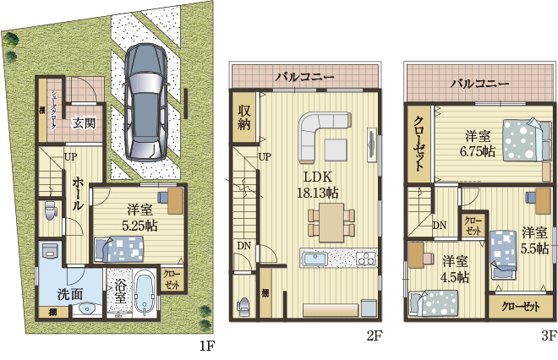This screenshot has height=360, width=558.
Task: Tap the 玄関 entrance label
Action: pos(84,123)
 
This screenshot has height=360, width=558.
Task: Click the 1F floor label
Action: pos(208,346)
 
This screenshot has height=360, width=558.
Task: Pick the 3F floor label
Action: pos(549,336)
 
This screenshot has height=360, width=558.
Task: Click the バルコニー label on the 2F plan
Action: pos(304,78)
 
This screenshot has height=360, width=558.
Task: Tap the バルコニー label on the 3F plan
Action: pos(479,84)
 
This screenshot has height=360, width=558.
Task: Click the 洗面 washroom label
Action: pos(70,295)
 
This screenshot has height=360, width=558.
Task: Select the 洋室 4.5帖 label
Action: pos(455,268)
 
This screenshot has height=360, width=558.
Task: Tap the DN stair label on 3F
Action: pos(440,226)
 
